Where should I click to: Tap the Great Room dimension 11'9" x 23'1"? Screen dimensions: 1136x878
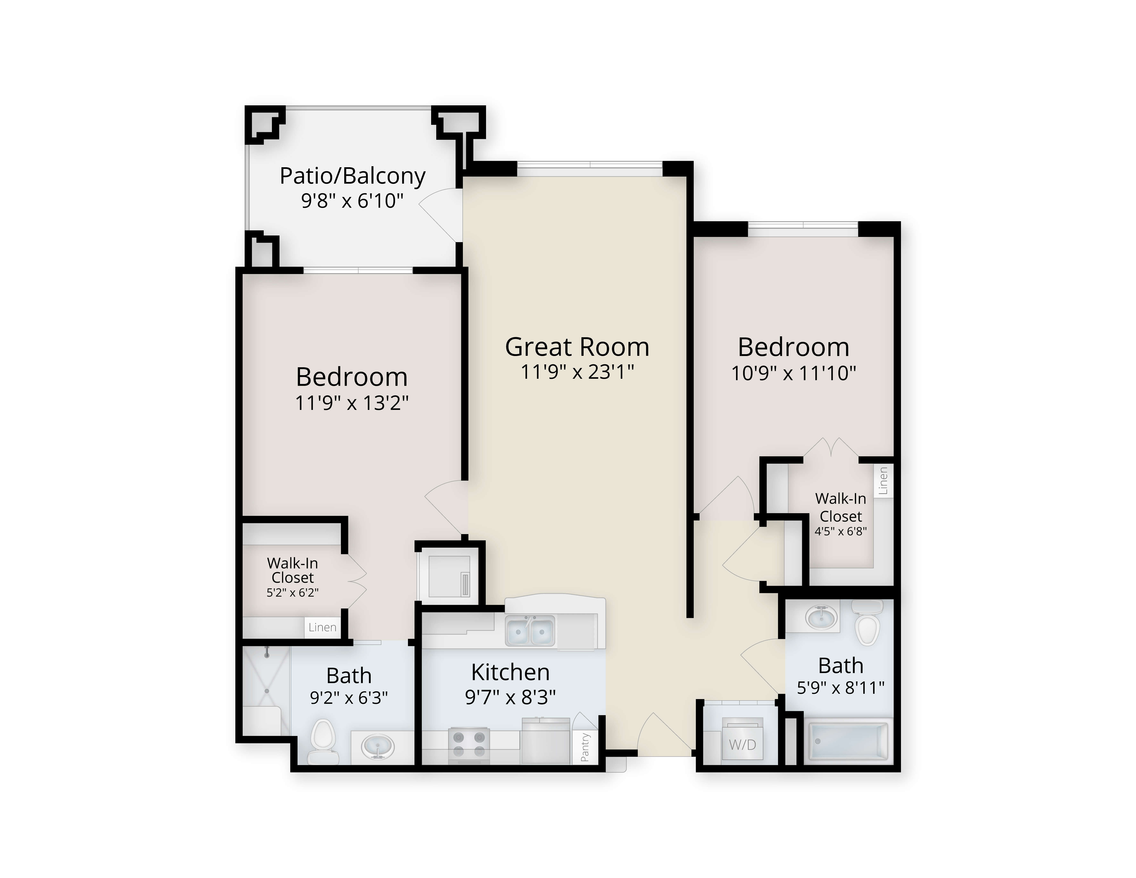point(577,372)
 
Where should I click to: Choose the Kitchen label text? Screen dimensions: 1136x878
point(510,672)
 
